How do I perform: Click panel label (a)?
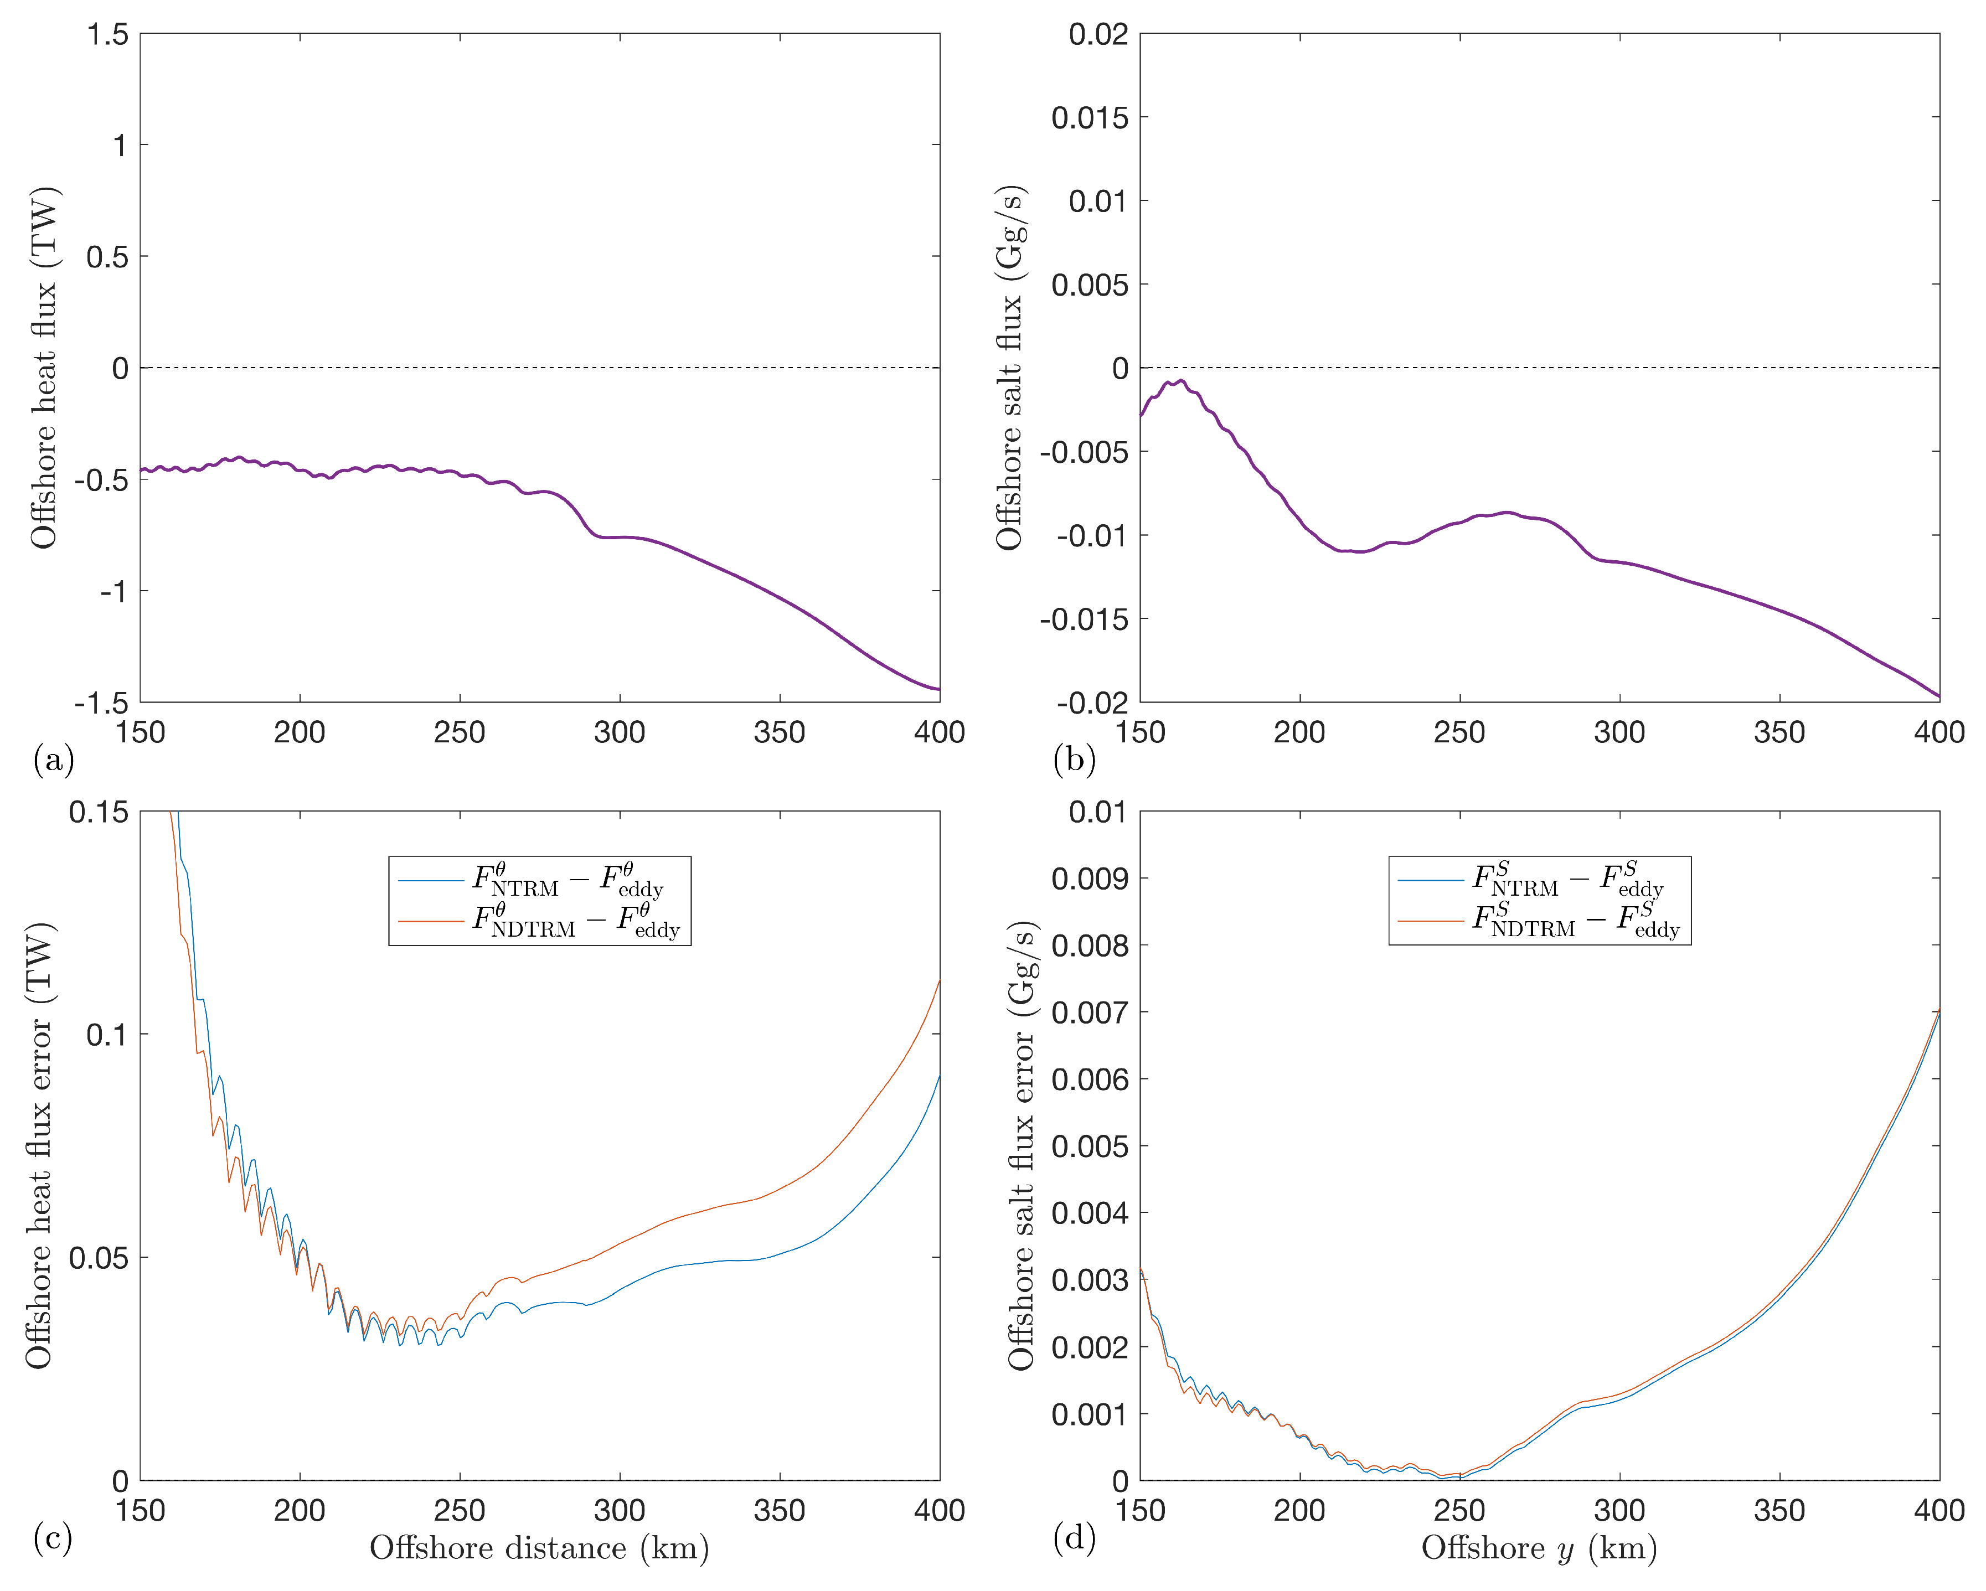point(53,760)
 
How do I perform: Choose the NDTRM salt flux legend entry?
point(1575,921)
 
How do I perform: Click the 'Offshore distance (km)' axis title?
point(539,1548)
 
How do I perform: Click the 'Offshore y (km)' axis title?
point(1538,1548)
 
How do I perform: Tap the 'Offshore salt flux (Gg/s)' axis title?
point(1009,369)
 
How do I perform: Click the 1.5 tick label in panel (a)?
point(108,35)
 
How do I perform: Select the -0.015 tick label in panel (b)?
point(1084,619)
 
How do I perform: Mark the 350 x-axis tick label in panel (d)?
point(1779,1511)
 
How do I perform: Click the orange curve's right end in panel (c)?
point(938,981)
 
